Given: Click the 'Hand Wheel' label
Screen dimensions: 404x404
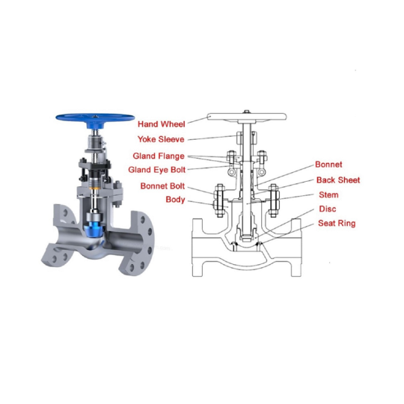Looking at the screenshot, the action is [x=162, y=124].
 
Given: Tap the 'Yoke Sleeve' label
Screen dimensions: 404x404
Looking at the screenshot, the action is [x=161, y=139].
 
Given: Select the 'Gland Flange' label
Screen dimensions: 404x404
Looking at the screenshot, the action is [x=159, y=156].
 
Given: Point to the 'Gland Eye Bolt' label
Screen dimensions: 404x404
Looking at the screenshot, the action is [x=157, y=170].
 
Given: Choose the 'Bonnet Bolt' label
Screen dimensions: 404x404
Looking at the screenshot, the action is [x=162, y=186].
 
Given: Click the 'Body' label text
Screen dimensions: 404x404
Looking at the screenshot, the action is [x=175, y=200].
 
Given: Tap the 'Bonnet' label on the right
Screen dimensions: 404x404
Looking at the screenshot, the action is [x=328, y=165].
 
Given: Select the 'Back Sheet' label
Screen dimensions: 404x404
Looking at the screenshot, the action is [x=338, y=180].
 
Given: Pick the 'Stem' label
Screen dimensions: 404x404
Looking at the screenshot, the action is [x=328, y=195].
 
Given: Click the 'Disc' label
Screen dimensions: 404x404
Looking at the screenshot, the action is [x=328, y=209].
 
